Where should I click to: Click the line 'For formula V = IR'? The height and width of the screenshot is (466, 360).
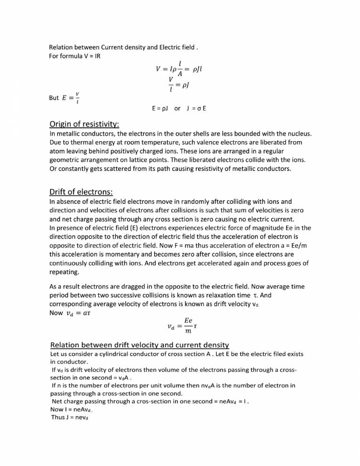75,56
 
